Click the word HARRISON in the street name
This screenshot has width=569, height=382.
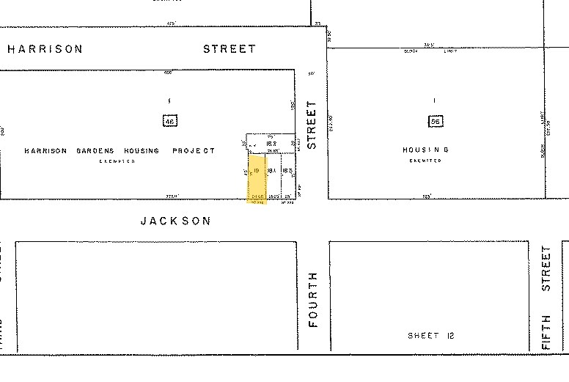(45, 49)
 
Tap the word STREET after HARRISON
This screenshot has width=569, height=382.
(230, 49)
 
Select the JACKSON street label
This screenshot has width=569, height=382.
(175, 221)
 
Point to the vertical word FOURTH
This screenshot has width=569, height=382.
(313, 299)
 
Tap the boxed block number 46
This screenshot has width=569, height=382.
(170, 121)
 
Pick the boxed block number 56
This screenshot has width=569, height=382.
(434, 121)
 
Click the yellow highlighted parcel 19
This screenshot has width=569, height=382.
(257, 176)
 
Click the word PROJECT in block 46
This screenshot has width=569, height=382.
(194, 151)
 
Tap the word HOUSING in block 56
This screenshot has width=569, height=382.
(425, 150)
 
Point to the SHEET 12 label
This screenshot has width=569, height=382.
(431, 336)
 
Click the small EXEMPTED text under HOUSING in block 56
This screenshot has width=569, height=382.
(425, 161)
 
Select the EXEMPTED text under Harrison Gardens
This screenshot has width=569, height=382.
(118, 161)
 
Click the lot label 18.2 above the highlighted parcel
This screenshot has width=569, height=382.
(271, 144)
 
